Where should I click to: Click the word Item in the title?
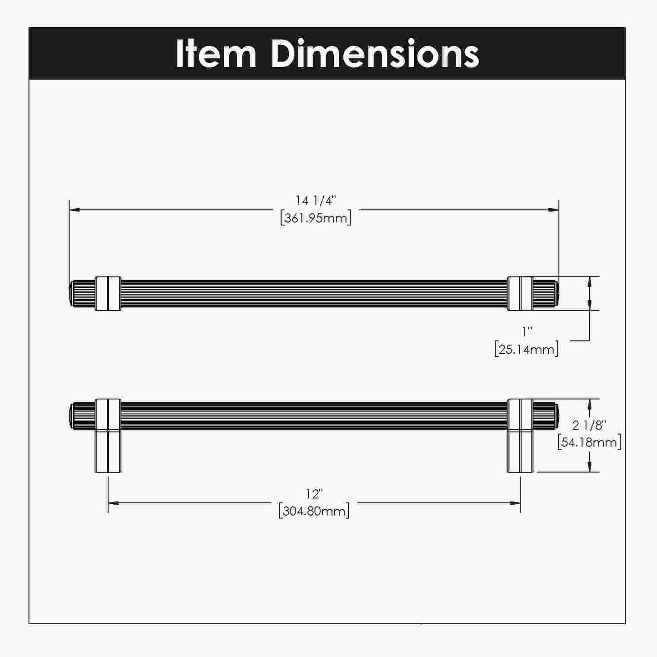tap(216, 54)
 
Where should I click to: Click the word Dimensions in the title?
tap(376, 54)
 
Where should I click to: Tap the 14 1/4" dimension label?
tap(316, 201)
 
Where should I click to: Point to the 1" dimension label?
tap(527, 331)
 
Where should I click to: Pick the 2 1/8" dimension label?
tap(589, 425)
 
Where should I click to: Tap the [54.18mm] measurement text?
tap(590, 442)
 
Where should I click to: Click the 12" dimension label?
tap(314, 494)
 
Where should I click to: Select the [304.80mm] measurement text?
tap(314, 511)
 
